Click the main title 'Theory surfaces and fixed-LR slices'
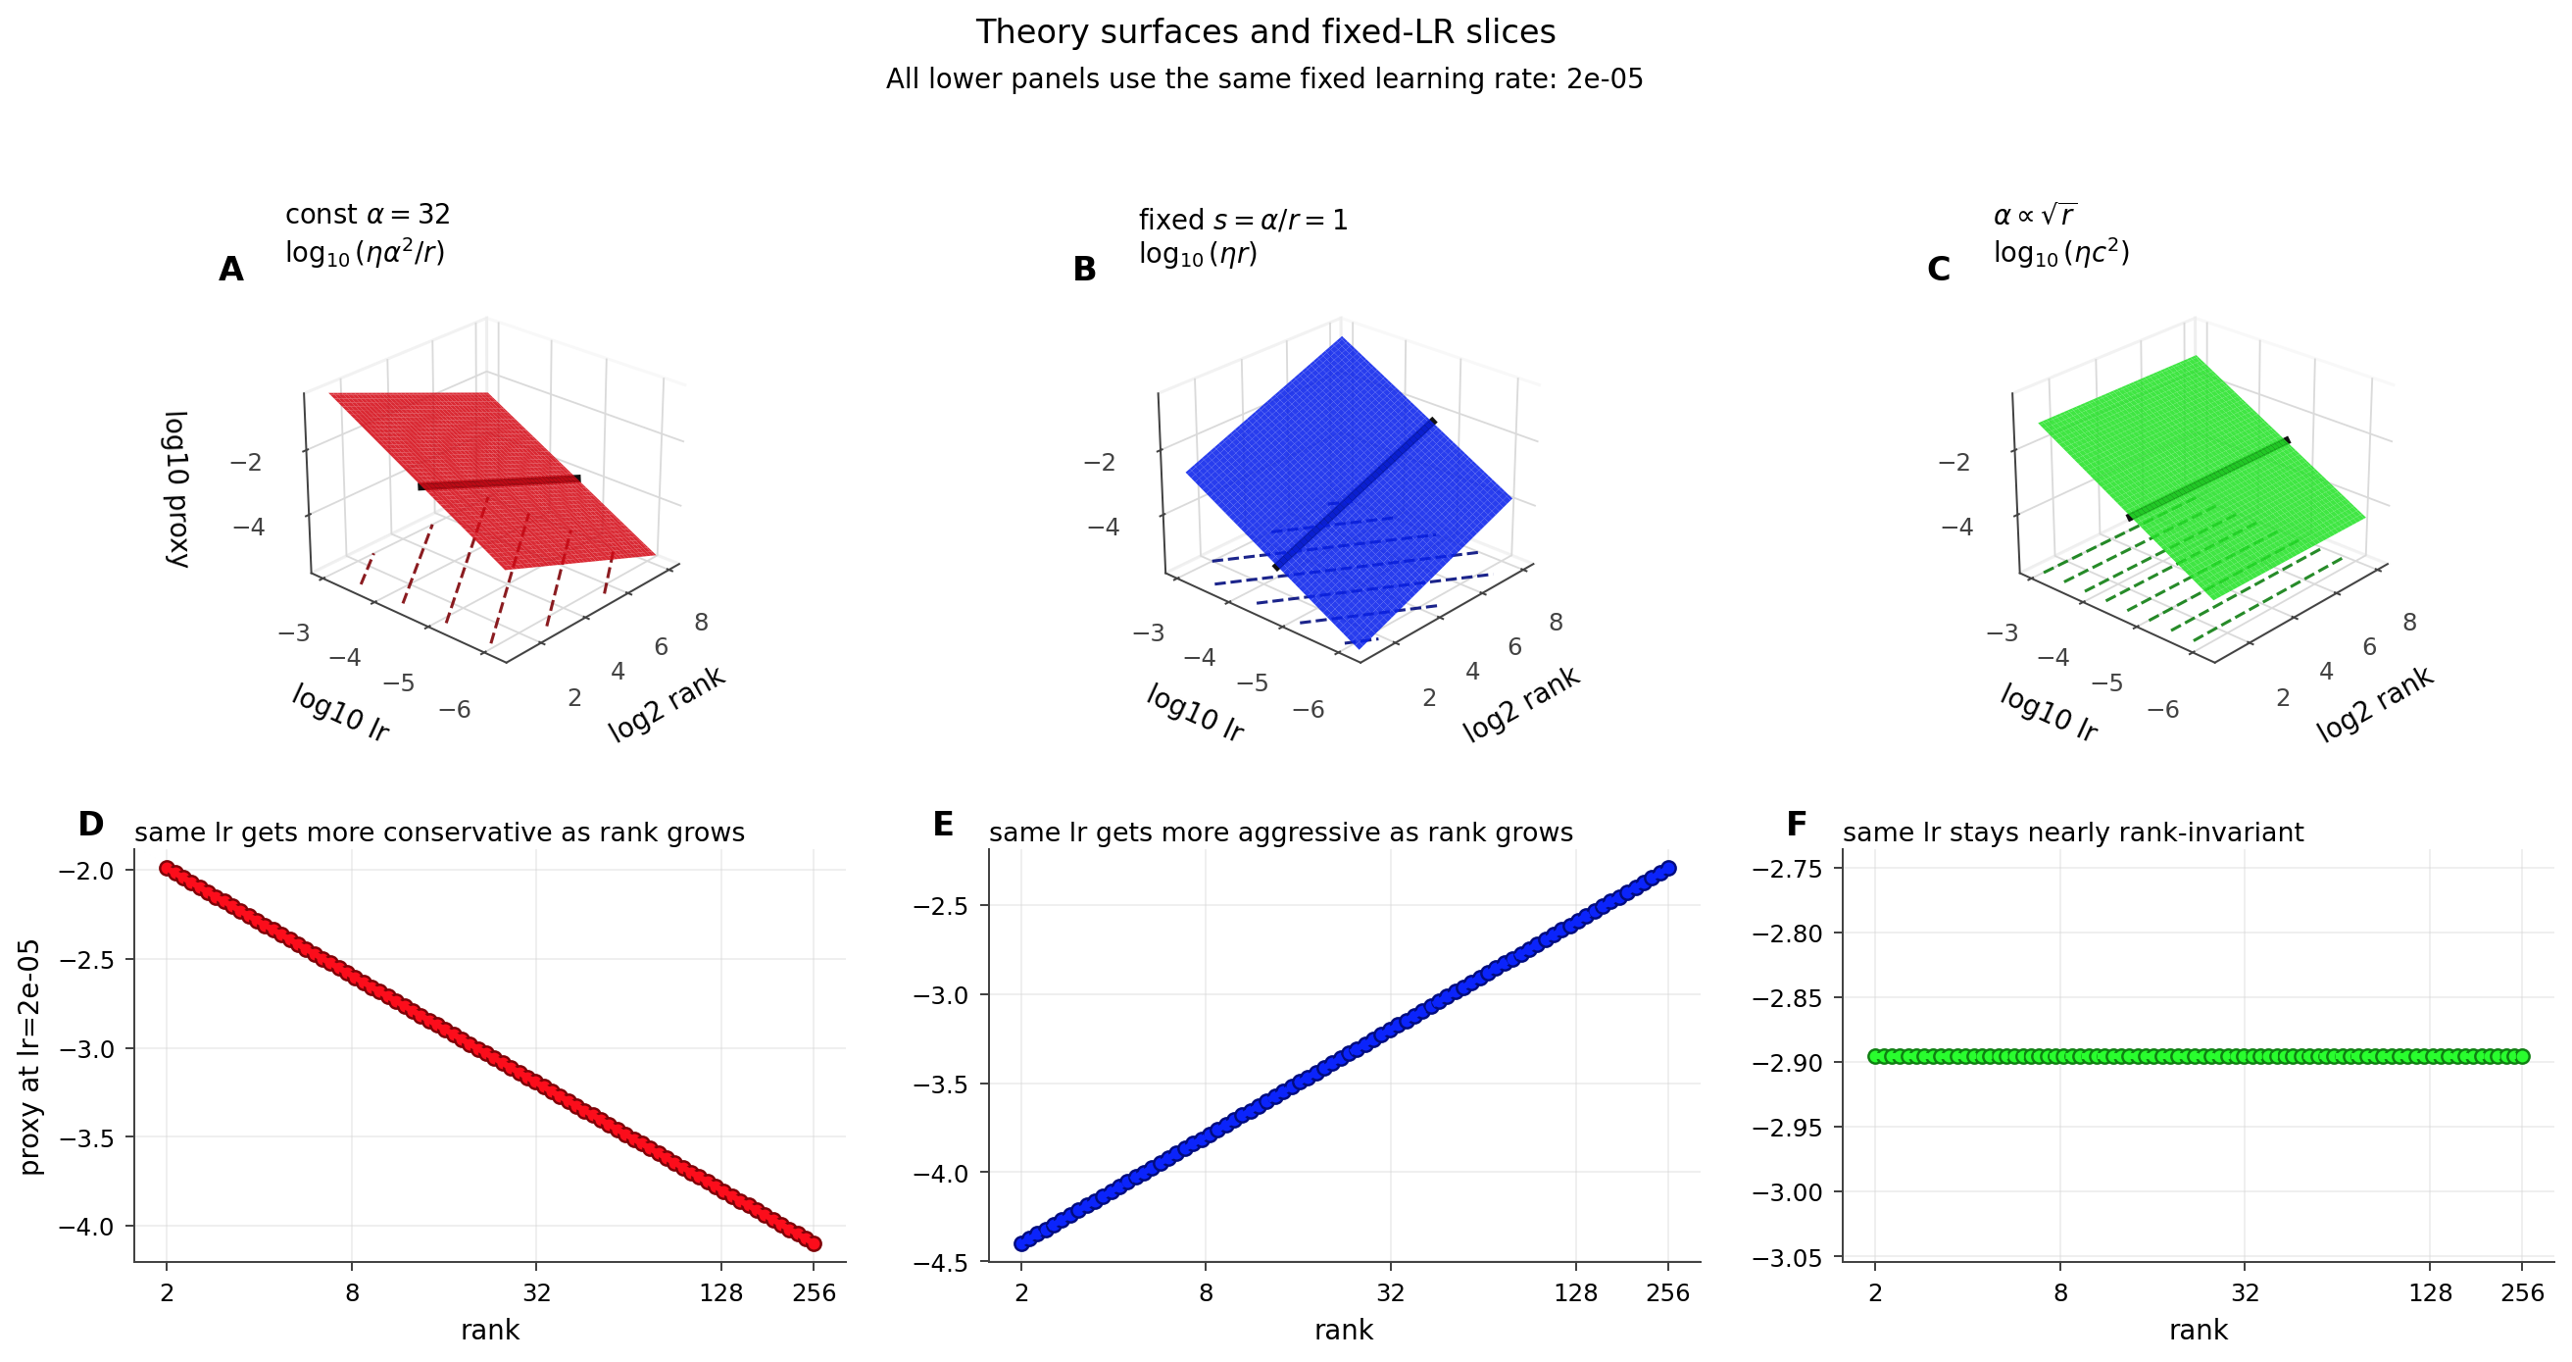click(1265, 32)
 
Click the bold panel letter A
click(230, 270)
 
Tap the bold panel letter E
click(943, 824)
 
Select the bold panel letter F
click(1797, 824)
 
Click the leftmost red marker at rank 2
click(167, 868)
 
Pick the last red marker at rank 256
click(814, 1243)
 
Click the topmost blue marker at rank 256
click(1668, 868)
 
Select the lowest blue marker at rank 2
click(1021, 1243)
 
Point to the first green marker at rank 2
click(1875, 1055)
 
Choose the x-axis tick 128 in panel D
click(720, 1293)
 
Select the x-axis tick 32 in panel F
click(2246, 1293)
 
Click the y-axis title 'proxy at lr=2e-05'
click(30, 1056)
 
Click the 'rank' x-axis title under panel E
click(1344, 1330)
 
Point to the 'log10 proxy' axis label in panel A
click(175, 489)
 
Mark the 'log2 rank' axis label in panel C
click(2375, 705)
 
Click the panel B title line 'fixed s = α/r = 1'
click(1243, 220)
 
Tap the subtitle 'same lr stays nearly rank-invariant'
click(2073, 832)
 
